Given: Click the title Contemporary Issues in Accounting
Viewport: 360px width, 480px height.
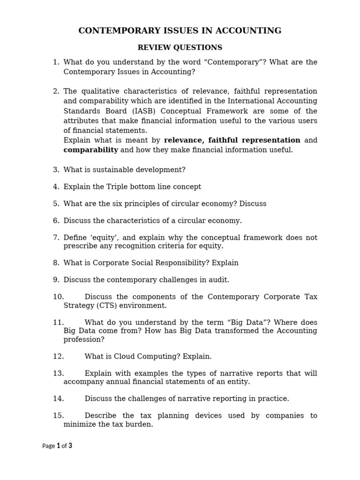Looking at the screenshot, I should pyautogui.click(x=180, y=31).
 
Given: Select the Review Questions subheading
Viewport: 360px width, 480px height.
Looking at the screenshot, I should pyautogui.click(x=180, y=47).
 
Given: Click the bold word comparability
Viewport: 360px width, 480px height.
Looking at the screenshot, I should pyautogui.click(x=91, y=150).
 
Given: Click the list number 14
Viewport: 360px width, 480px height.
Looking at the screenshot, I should pyautogui.click(x=58, y=398).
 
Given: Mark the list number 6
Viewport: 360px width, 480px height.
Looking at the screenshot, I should pyautogui.click(x=56, y=220).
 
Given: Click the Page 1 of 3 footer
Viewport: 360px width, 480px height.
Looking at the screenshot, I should pyautogui.click(x=57, y=446).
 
